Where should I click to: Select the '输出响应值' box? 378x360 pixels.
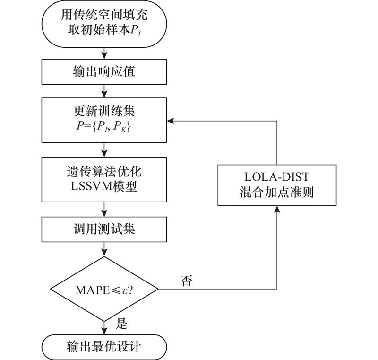104,72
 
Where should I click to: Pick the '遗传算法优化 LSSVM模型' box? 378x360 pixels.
104,178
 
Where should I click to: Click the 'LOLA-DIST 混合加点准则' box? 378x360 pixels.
276,185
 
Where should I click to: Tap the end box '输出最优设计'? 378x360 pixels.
104,347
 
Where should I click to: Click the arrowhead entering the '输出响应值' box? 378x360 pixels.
104,57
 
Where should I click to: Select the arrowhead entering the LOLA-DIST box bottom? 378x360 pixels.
276,209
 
